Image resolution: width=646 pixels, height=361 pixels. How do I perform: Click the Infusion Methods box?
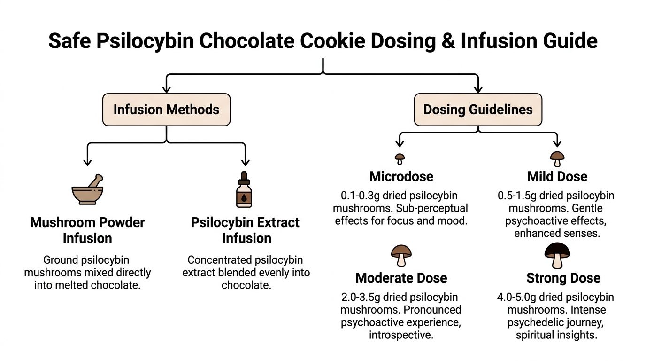(x=166, y=110)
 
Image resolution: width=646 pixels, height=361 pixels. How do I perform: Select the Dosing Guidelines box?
(x=478, y=110)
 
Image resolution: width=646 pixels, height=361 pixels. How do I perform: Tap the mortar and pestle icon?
(x=87, y=190)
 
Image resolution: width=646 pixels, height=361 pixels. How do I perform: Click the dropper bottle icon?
(x=244, y=190)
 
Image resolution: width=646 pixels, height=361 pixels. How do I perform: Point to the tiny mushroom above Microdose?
(x=400, y=158)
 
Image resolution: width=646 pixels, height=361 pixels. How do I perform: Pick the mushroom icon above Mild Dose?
(x=557, y=158)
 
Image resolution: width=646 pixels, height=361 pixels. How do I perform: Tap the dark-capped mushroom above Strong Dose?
(x=557, y=256)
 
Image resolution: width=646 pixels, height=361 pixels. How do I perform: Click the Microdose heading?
(x=401, y=176)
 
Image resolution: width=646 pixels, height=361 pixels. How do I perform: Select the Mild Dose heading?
(x=557, y=177)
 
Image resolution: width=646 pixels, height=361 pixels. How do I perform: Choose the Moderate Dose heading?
(x=401, y=278)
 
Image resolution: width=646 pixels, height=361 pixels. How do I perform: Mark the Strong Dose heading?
(x=563, y=278)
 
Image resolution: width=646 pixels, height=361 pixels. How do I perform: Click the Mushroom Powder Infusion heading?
(x=87, y=230)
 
